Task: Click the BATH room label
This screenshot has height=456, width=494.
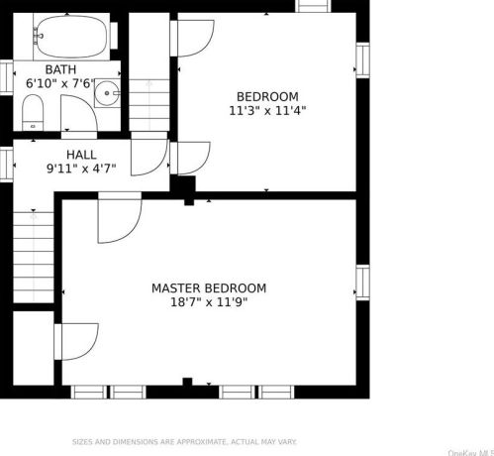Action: tap(60, 68)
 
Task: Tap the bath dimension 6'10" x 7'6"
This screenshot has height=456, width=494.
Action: tap(60, 84)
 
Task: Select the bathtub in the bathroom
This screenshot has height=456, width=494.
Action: tap(69, 38)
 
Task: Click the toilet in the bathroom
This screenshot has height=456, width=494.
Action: tap(33, 112)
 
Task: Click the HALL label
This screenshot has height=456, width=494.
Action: tap(81, 155)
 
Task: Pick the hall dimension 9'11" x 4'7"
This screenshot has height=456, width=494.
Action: tap(81, 170)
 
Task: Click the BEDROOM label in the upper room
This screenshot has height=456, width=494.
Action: tap(266, 96)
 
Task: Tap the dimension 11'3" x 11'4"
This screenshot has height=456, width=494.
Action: tap(266, 111)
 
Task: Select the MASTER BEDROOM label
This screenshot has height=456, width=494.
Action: tap(208, 288)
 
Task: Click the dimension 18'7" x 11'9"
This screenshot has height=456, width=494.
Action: tap(208, 303)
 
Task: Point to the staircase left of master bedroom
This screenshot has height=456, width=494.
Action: tap(32, 258)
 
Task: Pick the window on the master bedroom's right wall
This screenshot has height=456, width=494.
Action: tap(362, 282)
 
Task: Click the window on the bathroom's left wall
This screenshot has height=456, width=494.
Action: tap(6, 76)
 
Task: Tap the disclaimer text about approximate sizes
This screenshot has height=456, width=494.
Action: tap(183, 442)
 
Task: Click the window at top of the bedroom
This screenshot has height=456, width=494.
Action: tap(313, 6)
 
